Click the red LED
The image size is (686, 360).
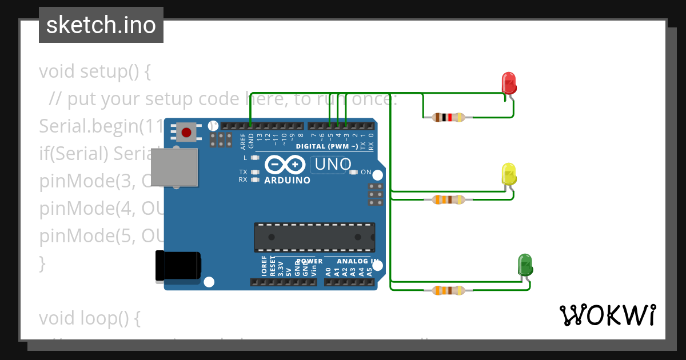point(509,83)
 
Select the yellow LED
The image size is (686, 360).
point(509,174)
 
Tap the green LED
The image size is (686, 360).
point(525,265)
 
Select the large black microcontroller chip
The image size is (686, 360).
point(314,237)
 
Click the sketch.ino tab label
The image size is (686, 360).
point(101,25)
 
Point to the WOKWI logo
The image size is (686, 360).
point(607,315)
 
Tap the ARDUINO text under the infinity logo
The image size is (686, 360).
point(288,181)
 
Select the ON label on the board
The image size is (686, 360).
point(366,172)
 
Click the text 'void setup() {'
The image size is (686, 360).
point(95,72)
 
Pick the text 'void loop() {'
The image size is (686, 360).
point(90,318)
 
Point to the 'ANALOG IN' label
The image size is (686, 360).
point(357,261)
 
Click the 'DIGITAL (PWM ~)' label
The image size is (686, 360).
point(326,147)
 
